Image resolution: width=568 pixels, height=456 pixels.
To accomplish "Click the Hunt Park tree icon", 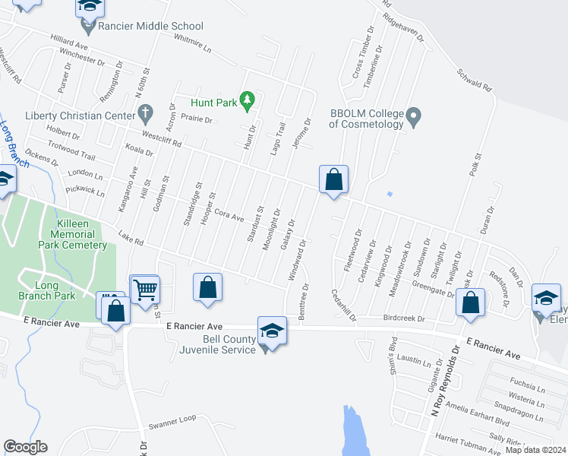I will [246, 99].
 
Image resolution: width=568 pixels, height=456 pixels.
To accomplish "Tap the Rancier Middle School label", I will [151, 26].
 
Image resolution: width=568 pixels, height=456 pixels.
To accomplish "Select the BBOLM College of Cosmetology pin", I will [414, 117].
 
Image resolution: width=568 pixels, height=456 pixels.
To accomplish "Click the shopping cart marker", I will [144, 289].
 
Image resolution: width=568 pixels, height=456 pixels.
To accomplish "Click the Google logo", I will [25, 447].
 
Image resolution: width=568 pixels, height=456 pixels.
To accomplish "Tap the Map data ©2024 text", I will [535, 450].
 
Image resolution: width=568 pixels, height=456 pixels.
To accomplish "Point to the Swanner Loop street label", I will [172, 419].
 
